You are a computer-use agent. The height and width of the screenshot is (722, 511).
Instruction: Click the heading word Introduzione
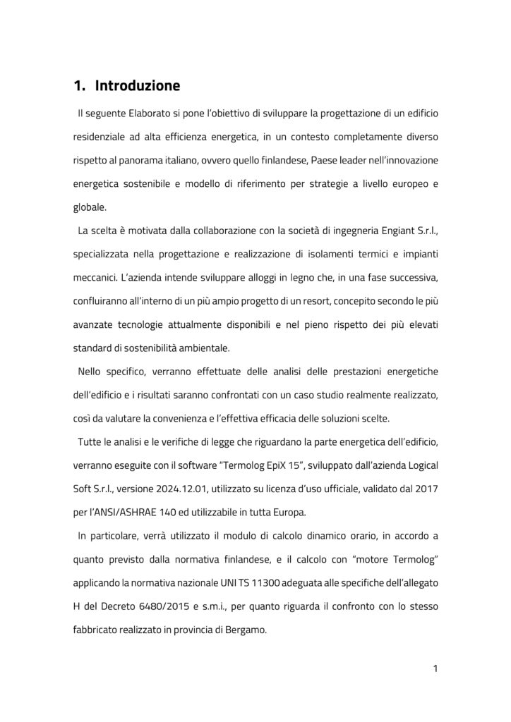click(x=138, y=87)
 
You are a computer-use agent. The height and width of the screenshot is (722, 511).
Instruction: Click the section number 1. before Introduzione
click(x=80, y=87)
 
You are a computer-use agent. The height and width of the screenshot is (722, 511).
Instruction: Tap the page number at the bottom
click(x=435, y=669)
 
